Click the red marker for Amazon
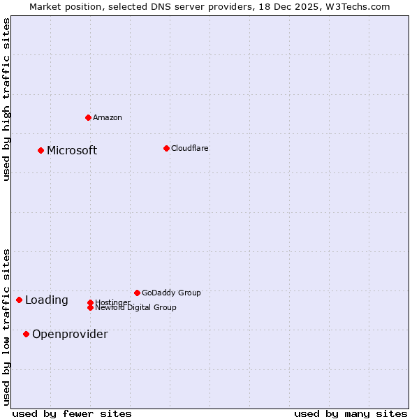88,117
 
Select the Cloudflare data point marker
166,148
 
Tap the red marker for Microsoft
41,150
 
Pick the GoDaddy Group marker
137,293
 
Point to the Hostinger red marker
90,302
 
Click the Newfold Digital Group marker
90,307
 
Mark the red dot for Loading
19,300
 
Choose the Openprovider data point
26,334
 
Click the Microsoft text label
72,151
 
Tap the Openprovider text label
70,335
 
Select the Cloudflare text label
190,148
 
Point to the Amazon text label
108,117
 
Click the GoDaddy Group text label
171,293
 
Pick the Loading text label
47,300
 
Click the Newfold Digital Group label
136,307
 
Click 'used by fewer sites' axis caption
72,413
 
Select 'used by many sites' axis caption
351,413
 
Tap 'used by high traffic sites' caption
7,99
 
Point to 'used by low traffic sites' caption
7,327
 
